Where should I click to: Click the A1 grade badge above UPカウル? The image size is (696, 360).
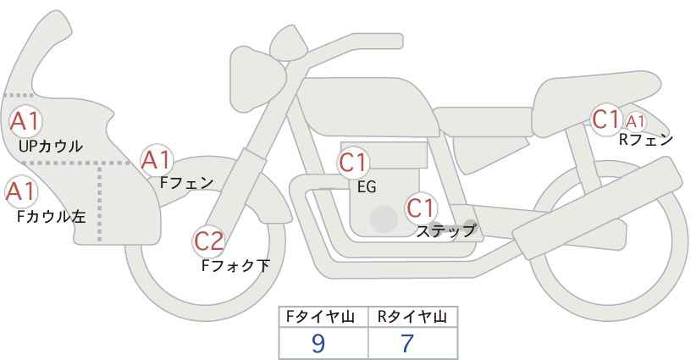click(25, 122)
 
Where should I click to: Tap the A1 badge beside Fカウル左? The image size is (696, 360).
click(19, 192)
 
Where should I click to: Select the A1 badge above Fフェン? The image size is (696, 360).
click(157, 159)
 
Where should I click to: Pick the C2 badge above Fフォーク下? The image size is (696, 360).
click(208, 241)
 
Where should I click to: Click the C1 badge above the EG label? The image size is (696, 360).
click(353, 163)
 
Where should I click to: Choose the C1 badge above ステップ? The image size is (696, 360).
click(420, 207)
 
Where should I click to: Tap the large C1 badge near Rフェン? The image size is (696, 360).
click(605, 119)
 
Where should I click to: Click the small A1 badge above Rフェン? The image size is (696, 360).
click(635, 121)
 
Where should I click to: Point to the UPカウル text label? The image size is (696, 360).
click(51, 147)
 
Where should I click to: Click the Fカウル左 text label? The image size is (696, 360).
click(52, 216)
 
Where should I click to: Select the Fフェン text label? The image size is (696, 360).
click(187, 181)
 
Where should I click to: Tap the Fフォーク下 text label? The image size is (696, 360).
click(235, 265)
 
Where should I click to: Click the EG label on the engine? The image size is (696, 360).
click(367, 187)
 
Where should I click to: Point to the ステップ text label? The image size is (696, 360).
click(446, 230)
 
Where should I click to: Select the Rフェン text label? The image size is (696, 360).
click(646, 140)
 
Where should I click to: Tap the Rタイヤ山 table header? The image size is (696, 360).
click(412, 317)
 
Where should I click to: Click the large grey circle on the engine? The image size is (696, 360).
click(384, 219)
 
